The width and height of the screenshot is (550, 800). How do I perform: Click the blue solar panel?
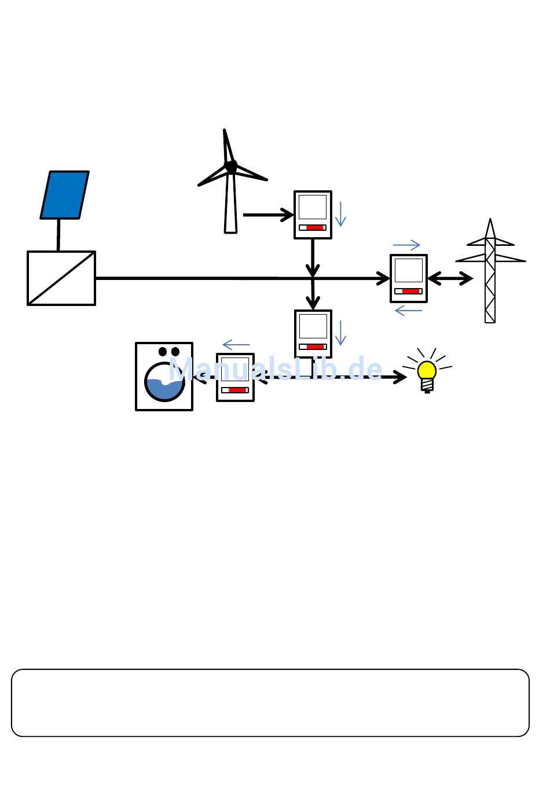coord(65,195)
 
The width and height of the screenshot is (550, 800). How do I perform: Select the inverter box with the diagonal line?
coord(61,278)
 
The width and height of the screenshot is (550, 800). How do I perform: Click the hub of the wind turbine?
coord(231,167)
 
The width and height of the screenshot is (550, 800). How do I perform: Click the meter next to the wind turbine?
coord(313,215)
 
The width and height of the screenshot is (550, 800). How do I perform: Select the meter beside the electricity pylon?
coord(409,278)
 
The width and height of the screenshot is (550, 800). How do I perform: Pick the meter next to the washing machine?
coord(235,377)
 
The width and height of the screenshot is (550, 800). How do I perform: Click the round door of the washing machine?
coord(164,382)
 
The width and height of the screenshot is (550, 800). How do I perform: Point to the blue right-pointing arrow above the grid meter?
coord(406,245)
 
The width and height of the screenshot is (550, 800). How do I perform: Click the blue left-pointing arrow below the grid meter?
coord(408,311)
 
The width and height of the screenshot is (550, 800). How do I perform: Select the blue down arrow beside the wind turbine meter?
coord(341,214)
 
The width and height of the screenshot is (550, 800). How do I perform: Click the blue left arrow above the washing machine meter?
coord(236,345)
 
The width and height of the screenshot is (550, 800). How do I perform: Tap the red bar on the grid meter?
coord(411,292)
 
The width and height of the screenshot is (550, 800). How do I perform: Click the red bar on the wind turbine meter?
coord(315,228)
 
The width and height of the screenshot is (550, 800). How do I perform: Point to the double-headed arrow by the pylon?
coord(450,279)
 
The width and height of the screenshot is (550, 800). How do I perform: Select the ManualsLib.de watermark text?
coord(276,369)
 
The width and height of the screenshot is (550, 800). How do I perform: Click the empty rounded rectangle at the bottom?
coord(270,703)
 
